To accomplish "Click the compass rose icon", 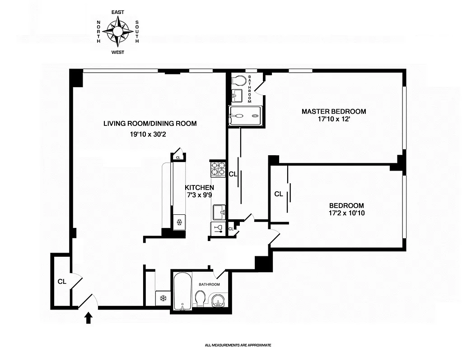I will point(117,32).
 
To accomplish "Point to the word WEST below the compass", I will point(117,52).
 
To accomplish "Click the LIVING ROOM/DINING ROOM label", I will point(150,124).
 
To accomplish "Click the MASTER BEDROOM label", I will point(334,111).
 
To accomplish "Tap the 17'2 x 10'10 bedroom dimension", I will point(347,213).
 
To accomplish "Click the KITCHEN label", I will point(199,187).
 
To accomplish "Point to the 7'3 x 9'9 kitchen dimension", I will point(199,195).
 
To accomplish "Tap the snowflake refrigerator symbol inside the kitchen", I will point(179,222).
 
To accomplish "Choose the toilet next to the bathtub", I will point(201,298).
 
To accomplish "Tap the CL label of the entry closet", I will point(62,281).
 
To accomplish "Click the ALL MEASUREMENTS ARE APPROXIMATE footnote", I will point(238,345).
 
